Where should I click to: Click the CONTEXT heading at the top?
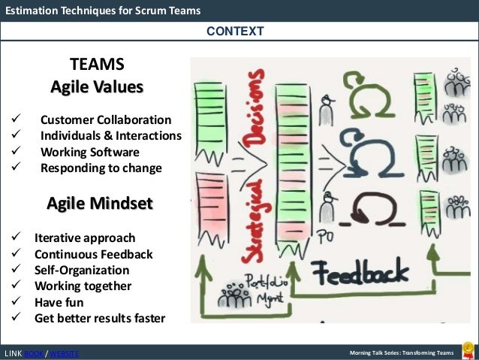coord(235,31)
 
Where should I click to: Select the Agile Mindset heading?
coord(100,203)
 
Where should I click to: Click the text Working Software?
coord(90,152)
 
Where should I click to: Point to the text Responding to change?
coord(101,168)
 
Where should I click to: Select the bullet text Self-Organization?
coord(81,270)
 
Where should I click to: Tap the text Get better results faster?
coord(99,318)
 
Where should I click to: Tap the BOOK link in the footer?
coord(33,353)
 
